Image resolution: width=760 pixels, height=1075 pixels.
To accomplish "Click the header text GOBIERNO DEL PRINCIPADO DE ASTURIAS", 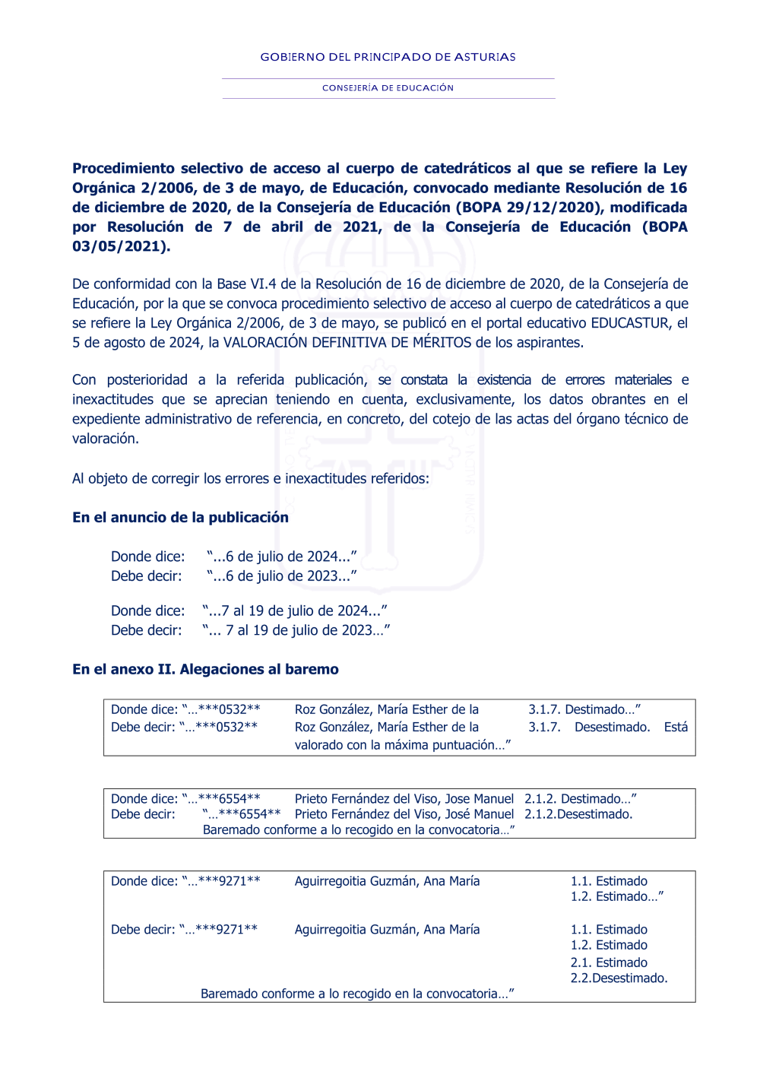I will [x=388, y=57].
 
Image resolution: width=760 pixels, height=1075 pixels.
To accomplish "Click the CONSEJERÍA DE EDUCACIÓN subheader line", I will [x=388, y=88].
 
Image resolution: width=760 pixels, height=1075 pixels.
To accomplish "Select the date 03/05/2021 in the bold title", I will [x=119, y=246].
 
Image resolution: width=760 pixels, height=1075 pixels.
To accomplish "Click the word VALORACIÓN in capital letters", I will [x=265, y=343].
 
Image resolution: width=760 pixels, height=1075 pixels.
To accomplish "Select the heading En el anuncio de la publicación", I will [x=180, y=518].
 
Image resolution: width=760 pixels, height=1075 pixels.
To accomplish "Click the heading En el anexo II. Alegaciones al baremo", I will [x=205, y=670].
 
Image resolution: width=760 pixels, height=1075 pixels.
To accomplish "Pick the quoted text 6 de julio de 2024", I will [x=281, y=557].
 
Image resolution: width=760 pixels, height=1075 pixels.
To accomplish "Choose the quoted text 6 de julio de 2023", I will [x=281, y=576].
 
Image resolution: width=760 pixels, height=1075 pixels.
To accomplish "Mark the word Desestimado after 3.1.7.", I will [x=612, y=728].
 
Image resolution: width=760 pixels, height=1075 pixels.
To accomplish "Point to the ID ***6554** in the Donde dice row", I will [x=229, y=799].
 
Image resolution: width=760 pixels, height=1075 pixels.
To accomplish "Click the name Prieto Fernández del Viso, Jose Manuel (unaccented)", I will [x=404, y=799].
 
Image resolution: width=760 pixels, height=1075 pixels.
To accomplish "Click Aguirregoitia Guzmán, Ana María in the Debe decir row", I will [x=387, y=930].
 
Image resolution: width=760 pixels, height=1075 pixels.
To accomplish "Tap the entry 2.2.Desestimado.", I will [x=619, y=978].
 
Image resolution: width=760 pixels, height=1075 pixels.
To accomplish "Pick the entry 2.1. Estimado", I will [x=609, y=962].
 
